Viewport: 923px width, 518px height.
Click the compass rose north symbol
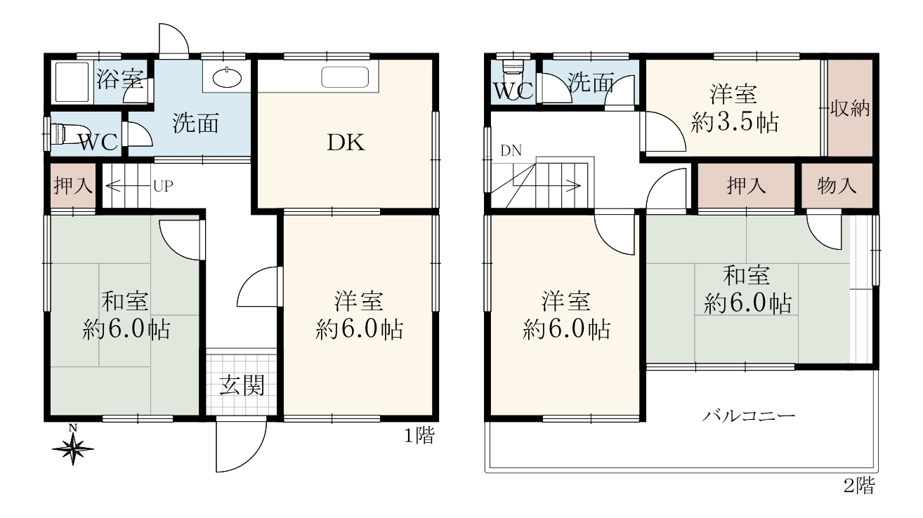(73, 448)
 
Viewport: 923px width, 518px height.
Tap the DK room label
(346, 143)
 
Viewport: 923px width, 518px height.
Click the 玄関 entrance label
(242, 385)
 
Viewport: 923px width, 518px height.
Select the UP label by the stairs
(163, 187)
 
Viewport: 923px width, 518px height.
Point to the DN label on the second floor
(511, 151)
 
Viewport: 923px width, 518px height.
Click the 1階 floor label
(419, 436)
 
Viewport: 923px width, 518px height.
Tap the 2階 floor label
(859, 486)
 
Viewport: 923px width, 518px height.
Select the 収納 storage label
(850, 108)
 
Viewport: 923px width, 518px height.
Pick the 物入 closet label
(837, 186)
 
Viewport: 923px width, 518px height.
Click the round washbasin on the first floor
(227, 77)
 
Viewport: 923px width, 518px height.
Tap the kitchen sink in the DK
(345, 77)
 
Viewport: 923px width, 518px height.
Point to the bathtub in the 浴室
(72, 82)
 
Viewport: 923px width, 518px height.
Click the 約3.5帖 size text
(735, 122)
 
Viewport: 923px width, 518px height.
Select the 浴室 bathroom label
(120, 79)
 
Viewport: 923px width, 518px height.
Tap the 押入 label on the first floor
(73, 186)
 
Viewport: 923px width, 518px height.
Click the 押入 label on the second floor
(746, 186)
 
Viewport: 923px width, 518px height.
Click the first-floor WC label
(99, 142)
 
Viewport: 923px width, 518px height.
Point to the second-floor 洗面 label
(591, 82)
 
